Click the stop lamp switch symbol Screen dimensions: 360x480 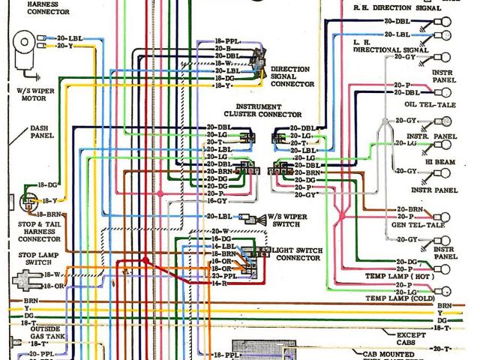pyautogui.click(x=28, y=281)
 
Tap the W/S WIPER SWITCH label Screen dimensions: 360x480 pyautogui.click(x=288, y=222)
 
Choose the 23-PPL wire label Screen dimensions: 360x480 pyautogui.click(x=220, y=275)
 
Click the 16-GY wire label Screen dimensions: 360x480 pyautogui.click(x=217, y=201)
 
